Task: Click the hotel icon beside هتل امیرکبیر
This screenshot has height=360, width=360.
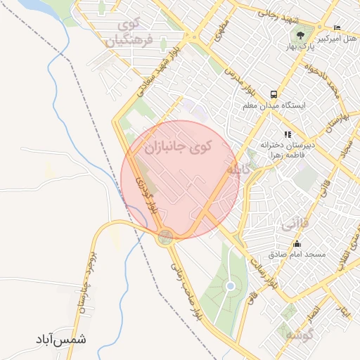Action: click(x=338, y=27)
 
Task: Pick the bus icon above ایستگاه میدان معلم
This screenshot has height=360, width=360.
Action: click(x=273, y=94)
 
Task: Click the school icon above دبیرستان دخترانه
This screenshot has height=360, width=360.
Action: click(x=288, y=134)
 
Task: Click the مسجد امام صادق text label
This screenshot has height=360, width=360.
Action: click(x=296, y=254)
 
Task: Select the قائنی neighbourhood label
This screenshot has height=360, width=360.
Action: click(x=294, y=226)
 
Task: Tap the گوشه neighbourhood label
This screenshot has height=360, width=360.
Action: click(x=298, y=335)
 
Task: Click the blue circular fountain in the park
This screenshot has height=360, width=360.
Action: click(x=230, y=286)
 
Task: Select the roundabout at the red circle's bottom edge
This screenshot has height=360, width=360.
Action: click(x=166, y=236)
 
